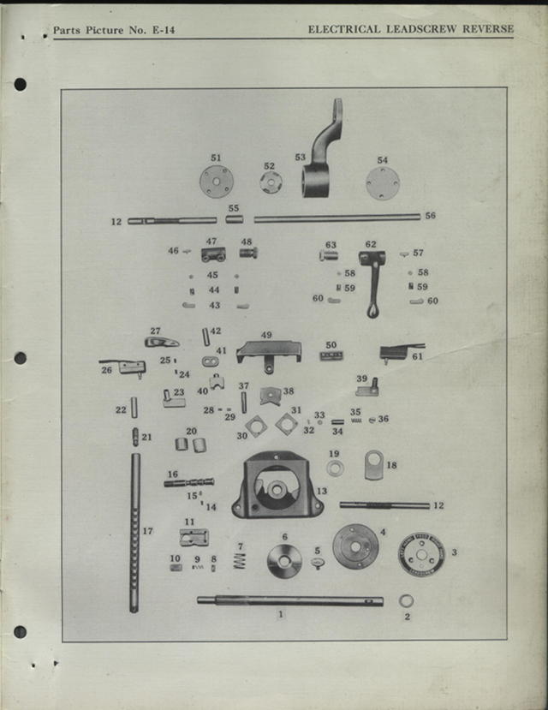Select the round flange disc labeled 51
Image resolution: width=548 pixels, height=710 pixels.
[x=216, y=182]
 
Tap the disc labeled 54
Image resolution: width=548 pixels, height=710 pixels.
[x=383, y=183]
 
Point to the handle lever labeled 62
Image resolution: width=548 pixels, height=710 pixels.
[x=372, y=278]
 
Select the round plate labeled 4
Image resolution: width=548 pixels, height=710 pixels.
[x=355, y=546]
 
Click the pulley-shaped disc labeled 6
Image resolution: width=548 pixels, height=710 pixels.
[x=284, y=562]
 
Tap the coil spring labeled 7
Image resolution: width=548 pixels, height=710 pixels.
[x=241, y=560]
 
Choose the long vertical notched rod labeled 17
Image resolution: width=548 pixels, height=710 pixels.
[x=134, y=531]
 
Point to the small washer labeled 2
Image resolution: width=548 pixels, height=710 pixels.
[x=406, y=600]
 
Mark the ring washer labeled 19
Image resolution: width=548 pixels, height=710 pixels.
[x=335, y=468]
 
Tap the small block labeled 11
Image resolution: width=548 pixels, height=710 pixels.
[x=194, y=537]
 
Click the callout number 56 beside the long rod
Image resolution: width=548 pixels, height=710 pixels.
[x=430, y=216]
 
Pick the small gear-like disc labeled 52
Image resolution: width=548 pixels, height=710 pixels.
[x=271, y=182]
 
